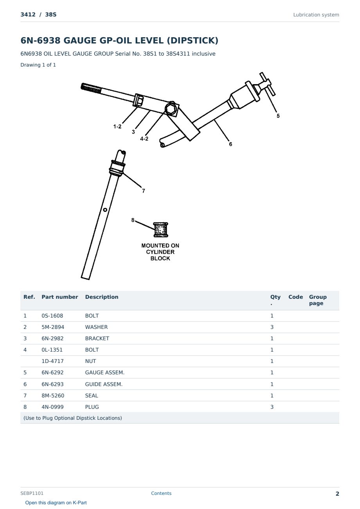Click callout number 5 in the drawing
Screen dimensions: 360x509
(278, 116)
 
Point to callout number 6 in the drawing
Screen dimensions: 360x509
(230, 144)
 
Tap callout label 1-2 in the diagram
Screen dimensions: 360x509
(117, 126)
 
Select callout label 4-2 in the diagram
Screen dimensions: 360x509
(144, 139)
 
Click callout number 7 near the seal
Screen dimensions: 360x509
(143, 191)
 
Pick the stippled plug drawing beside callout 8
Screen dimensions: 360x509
(161, 230)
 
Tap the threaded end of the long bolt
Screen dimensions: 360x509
(91, 88)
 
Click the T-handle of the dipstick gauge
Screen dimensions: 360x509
(268, 84)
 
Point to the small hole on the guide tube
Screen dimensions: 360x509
(105, 210)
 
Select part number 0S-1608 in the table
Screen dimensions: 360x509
(52, 316)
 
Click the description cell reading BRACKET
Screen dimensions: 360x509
(97, 338)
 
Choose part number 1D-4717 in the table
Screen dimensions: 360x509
(52, 361)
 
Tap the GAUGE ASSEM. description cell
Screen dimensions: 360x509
(105, 372)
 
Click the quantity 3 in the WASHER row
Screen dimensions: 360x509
(272, 327)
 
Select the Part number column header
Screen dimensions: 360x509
(60, 297)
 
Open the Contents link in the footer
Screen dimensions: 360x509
(161, 493)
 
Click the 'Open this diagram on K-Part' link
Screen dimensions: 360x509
(56, 502)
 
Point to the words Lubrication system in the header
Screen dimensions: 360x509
(316, 15)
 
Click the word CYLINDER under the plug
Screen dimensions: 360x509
(160, 252)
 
